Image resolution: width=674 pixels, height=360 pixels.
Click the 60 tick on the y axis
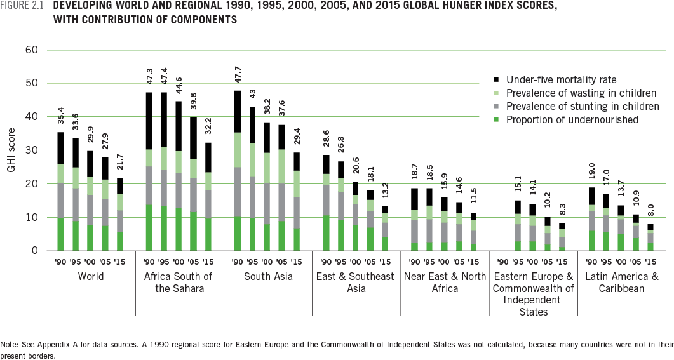(x=32, y=50)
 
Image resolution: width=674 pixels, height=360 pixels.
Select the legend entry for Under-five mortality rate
(x=562, y=80)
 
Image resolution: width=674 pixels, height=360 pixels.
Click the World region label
(x=91, y=277)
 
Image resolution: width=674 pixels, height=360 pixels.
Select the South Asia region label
(x=267, y=277)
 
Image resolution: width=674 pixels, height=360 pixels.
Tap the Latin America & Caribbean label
(x=621, y=283)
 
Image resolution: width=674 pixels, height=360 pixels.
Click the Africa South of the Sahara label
(x=179, y=283)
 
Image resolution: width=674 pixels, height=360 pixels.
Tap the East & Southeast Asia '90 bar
(x=327, y=203)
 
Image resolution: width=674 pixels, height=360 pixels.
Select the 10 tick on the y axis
(x=32, y=217)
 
